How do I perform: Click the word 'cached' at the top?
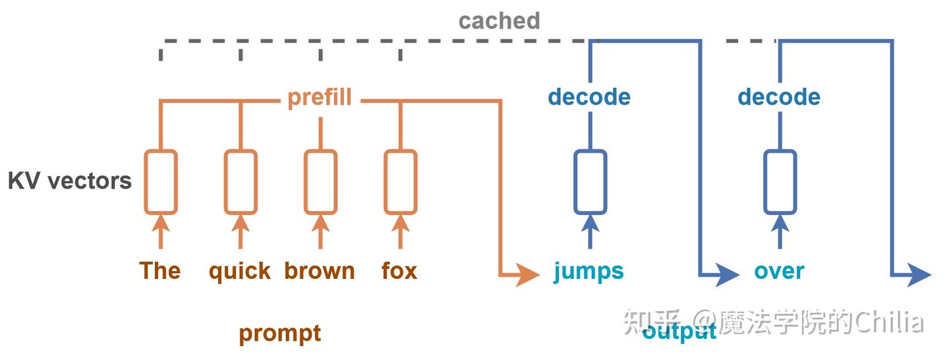(x=499, y=21)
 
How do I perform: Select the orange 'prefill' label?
(x=320, y=98)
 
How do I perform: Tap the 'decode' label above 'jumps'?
(x=589, y=98)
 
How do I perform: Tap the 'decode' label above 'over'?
(x=778, y=98)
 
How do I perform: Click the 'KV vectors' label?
(x=70, y=181)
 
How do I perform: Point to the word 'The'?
(x=160, y=271)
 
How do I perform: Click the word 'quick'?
(x=240, y=271)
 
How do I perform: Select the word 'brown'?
(x=320, y=271)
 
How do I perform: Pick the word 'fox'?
(x=399, y=271)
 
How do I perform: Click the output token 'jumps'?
(x=589, y=271)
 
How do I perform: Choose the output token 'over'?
(x=779, y=271)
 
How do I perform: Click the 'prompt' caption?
(x=279, y=333)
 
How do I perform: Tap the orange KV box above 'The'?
(x=160, y=182)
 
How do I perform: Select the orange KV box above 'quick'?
(x=240, y=182)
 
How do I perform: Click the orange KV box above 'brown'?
(x=320, y=182)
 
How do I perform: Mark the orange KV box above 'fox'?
(x=400, y=182)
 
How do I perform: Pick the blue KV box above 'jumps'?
(x=590, y=182)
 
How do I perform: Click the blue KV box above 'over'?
(x=780, y=182)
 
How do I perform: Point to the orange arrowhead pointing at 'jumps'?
(x=528, y=273)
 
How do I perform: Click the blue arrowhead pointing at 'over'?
(x=728, y=273)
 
